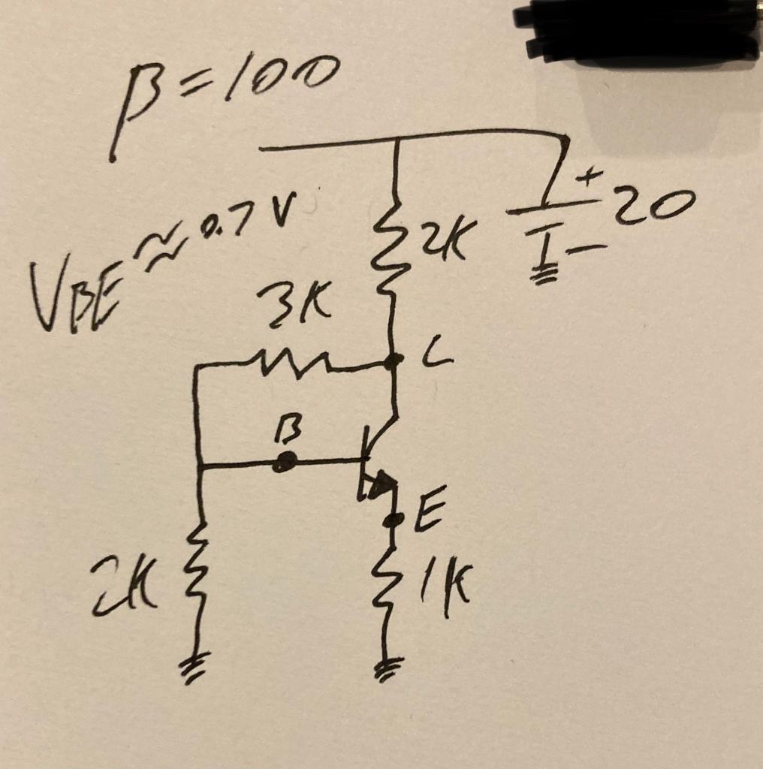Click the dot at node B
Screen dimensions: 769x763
pyautogui.click(x=284, y=463)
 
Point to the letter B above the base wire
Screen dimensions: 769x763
pyautogui.click(x=288, y=433)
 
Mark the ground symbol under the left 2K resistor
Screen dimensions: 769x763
pyautogui.click(x=197, y=664)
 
